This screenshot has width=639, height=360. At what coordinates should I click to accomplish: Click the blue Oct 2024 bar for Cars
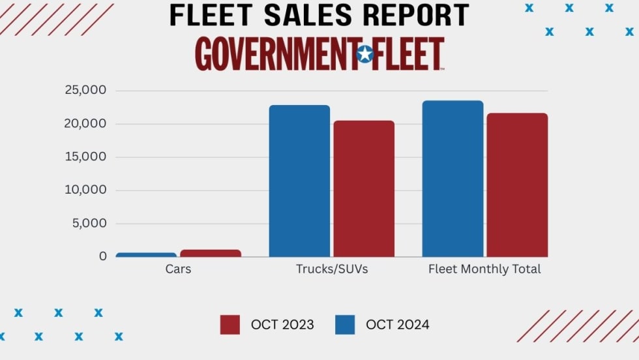click(146, 254)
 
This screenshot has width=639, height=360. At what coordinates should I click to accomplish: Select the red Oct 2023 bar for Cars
click(211, 253)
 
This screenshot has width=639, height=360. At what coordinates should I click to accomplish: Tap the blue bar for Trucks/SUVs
click(299, 181)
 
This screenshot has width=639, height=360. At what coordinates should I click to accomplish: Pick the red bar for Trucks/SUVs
click(364, 188)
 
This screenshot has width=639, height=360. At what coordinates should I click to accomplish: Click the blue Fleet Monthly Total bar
click(453, 179)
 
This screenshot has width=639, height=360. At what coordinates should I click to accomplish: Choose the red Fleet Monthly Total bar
click(517, 185)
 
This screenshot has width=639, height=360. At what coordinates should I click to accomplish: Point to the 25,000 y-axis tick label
click(85, 90)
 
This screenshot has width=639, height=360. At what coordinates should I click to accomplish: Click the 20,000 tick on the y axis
click(85, 123)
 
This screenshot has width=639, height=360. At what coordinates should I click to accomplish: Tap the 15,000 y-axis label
click(85, 157)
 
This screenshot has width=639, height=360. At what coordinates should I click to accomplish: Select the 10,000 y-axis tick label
click(85, 190)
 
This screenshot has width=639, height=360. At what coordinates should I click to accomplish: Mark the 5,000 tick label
click(89, 223)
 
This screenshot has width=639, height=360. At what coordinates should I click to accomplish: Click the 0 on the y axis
click(102, 256)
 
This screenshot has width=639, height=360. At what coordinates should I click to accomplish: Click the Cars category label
click(178, 269)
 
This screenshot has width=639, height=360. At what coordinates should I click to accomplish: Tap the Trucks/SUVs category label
click(332, 269)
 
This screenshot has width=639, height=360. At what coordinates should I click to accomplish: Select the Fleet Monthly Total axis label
click(484, 269)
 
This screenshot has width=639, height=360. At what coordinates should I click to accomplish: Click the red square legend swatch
click(230, 325)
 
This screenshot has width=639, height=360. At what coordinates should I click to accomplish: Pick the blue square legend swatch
click(345, 325)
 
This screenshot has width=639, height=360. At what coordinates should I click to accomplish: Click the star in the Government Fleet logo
click(365, 54)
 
